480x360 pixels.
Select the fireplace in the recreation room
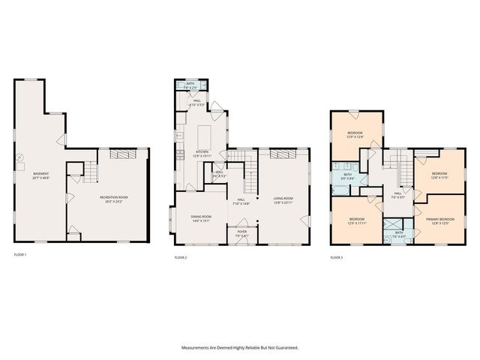point(119,154)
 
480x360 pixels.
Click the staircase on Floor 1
point(89,175)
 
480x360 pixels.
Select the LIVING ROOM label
point(283,198)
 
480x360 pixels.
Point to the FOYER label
point(241,232)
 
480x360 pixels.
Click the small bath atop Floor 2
point(190,85)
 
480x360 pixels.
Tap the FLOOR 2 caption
point(181,257)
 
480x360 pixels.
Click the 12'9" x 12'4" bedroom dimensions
point(355,137)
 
